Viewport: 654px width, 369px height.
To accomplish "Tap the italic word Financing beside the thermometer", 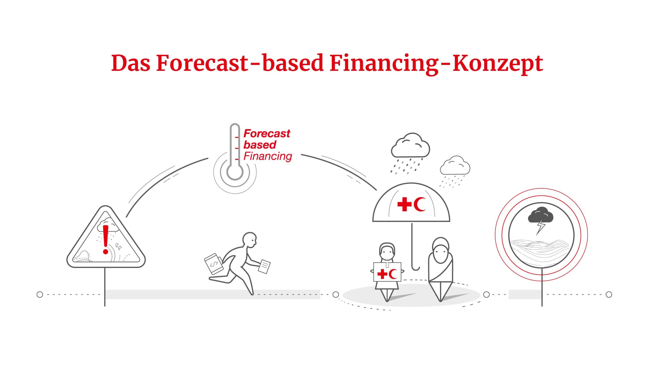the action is coord(268,156).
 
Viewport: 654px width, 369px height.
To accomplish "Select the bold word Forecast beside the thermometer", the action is coord(267,133).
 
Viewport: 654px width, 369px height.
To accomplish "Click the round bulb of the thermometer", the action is coord(235,172).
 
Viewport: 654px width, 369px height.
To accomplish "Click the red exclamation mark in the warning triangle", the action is coord(106,239).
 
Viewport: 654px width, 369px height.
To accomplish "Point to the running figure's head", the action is coord(249,240).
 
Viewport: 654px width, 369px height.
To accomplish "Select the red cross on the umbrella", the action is coord(404,204).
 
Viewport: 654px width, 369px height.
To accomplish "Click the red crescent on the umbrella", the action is coord(419,204).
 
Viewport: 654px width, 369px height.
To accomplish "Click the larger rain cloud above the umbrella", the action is coord(410,145).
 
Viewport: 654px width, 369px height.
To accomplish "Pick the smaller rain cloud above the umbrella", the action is coord(455,165).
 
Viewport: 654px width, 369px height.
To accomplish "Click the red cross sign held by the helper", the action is coord(387,272).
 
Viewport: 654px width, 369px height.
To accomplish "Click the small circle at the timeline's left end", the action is coord(40,295).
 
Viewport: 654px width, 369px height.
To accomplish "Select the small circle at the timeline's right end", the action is coord(609,295).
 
